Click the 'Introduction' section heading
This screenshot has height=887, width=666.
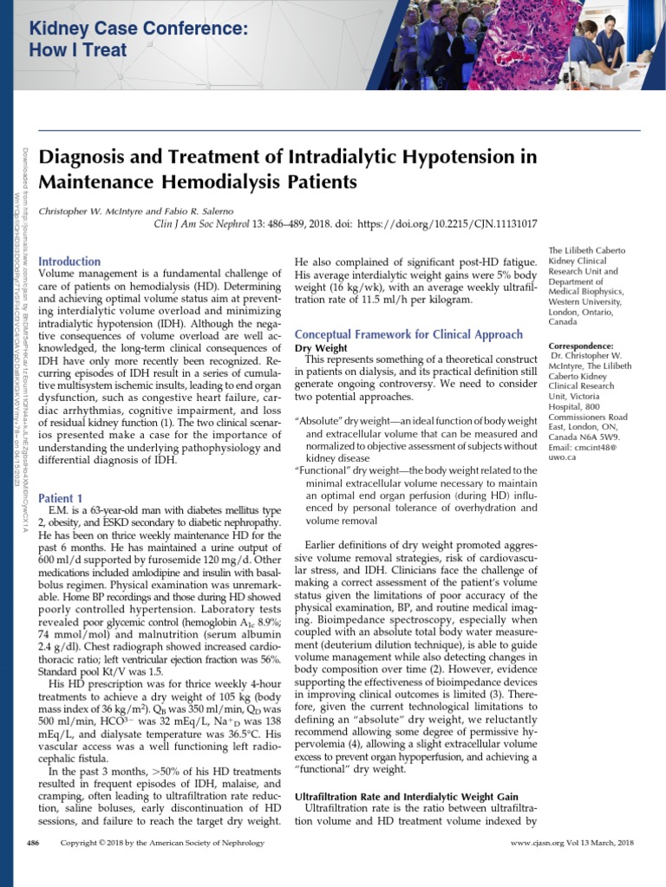click(x=69, y=261)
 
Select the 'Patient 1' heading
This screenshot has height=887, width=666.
click(x=61, y=498)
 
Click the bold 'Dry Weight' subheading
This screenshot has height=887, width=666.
click(x=321, y=348)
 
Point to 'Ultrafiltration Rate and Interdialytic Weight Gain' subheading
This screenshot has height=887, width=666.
click(x=407, y=796)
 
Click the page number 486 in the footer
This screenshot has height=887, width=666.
click(x=34, y=842)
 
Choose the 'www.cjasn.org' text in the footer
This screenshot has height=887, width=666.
click(x=539, y=842)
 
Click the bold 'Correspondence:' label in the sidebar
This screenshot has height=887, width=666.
click(x=581, y=346)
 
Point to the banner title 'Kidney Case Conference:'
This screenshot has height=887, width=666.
click(x=139, y=29)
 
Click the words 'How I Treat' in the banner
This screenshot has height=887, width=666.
click(x=78, y=50)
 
